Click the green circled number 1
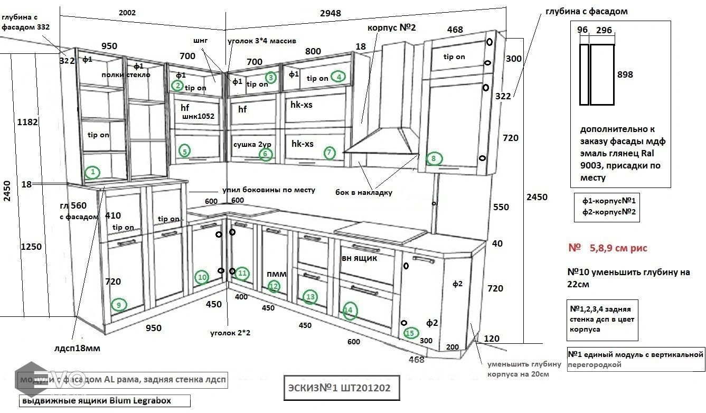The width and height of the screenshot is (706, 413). [x=92, y=172]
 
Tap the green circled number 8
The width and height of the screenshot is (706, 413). [x=434, y=158]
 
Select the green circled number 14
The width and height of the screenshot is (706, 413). [x=349, y=311]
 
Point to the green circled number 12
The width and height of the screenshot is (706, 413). [x=274, y=287]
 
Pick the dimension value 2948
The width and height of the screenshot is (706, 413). [x=331, y=13]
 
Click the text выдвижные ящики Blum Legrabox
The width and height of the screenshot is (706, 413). [x=96, y=401]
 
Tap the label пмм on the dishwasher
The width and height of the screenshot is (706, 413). [x=277, y=274]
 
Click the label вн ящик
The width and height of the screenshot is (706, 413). [x=360, y=258]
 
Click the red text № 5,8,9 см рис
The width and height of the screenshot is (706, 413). [x=607, y=248]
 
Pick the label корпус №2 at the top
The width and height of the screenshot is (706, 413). [x=391, y=27]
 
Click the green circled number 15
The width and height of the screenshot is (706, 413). [x=410, y=333]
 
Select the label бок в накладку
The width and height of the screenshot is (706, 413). [x=364, y=192]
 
